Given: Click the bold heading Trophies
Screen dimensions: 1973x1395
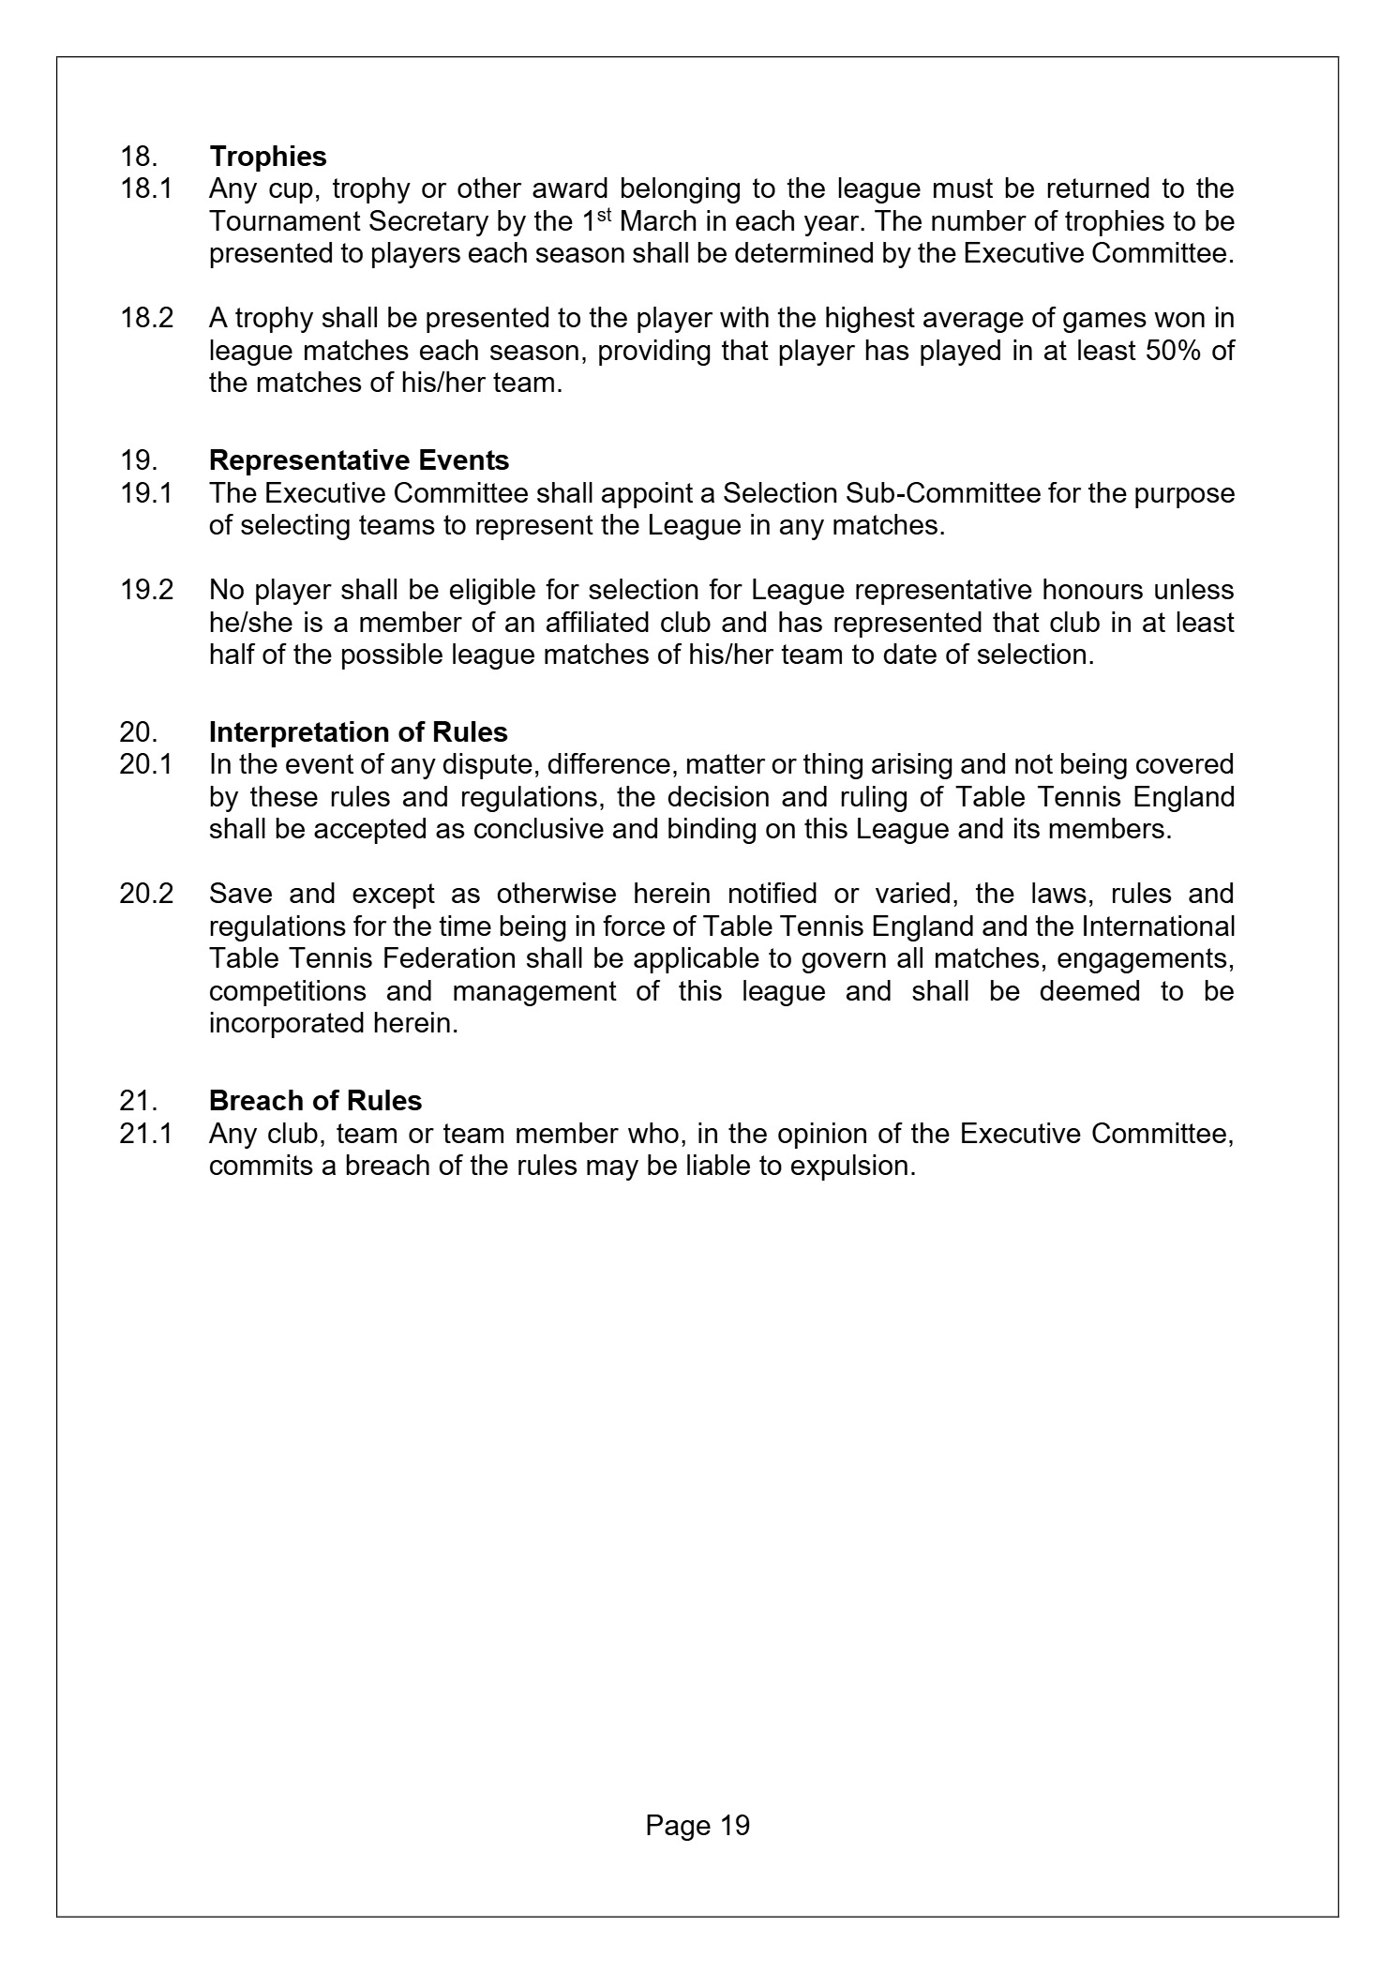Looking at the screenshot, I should (267, 157).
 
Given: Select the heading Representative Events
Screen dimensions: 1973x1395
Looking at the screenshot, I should (359, 460).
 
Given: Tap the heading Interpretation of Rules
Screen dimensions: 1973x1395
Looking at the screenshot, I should (358, 731).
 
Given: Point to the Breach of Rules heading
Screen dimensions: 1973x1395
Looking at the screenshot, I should (315, 1100).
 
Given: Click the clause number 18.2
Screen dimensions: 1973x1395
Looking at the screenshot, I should (146, 318).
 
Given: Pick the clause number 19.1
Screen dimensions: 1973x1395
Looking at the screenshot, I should (145, 492).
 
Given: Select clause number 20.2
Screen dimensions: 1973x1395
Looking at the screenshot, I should (146, 893).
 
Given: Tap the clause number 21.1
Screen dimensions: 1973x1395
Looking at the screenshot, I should (145, 1134).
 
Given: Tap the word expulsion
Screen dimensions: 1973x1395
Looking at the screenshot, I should (850, 1166).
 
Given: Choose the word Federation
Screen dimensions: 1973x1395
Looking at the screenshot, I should (428, 958).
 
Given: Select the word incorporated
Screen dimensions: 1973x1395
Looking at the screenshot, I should (280, 1022).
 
